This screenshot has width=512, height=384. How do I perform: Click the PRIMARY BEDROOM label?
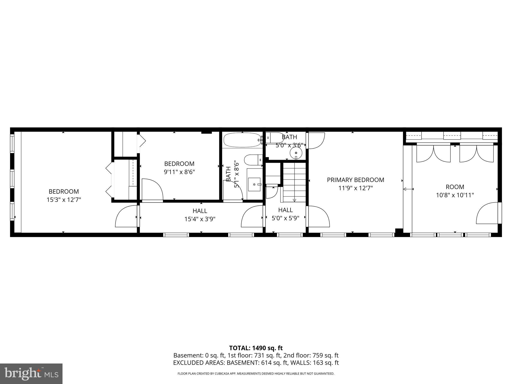tap(355, 180)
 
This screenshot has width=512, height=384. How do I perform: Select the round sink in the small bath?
tap(296, 152)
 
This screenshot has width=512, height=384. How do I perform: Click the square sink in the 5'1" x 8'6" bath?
tap(254, 184)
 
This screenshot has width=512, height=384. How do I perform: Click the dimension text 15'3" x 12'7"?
tap(64, 200)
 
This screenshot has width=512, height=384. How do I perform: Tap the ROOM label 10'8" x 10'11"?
tap(455, 187)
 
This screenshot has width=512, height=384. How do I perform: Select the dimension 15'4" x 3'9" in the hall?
tap(200, 219)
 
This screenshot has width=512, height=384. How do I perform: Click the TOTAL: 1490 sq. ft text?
tap(256, 348)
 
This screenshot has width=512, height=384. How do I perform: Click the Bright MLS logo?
tap(31, 374)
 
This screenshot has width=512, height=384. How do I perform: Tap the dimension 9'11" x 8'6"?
tap(179, 172)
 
